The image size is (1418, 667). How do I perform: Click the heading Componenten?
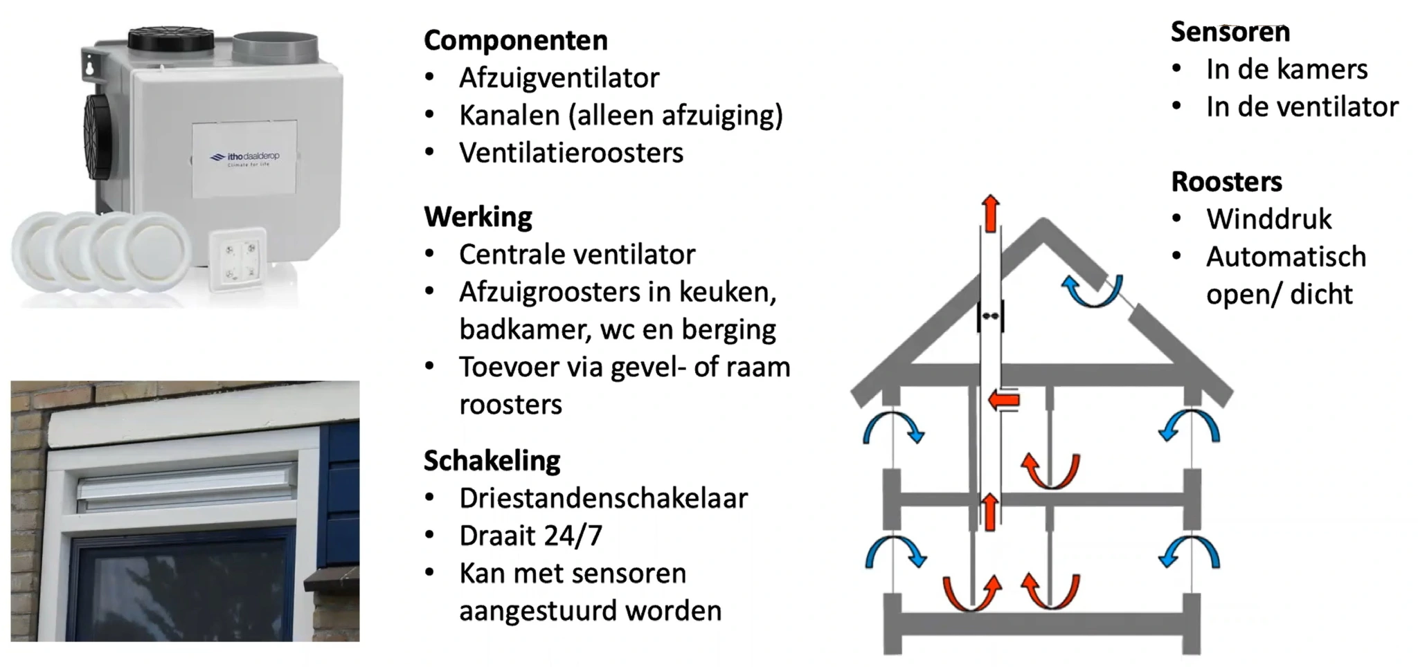pos(515,40)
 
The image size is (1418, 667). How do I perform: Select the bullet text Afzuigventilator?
pos(559,77)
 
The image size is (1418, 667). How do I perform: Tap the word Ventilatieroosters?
pos(571,153)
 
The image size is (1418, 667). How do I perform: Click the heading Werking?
pos(478,217)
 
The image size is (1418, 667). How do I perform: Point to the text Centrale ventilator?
pos(577,255)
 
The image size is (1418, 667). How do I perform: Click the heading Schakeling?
pos(492,460)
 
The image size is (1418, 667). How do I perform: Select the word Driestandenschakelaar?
pos(603,498)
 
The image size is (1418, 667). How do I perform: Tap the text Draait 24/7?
pos(530,536)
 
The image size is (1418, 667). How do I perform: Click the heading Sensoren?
pos(1230,32)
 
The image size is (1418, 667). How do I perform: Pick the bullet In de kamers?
pos(1286,69)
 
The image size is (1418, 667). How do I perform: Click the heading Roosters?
pos(1226,181)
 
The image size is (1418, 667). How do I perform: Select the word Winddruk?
pos(1268,219)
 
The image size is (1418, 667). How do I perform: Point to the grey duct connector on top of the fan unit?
pos(275,47)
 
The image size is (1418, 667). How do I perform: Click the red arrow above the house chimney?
pos(991,212)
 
